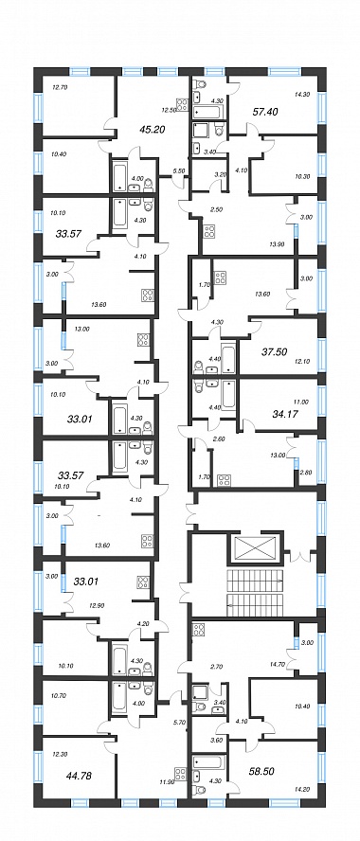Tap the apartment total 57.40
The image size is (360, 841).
tap(264, 112)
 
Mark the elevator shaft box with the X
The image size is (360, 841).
tap(255, 548)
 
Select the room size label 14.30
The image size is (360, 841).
tap(302, 94)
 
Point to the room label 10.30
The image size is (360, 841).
tap(302, 177)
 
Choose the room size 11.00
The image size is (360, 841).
tap(302, 402)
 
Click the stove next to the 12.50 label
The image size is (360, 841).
tap(182, 103)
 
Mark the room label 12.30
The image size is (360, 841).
tap(59, 754)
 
